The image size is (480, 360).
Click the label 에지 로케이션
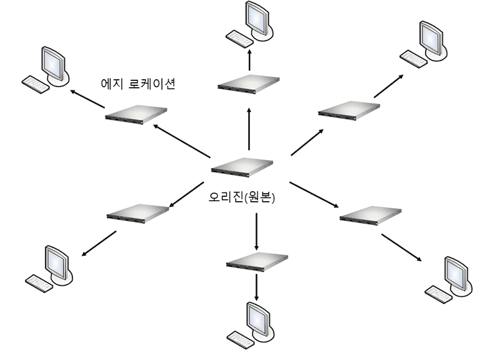137,83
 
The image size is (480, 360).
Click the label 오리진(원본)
242,199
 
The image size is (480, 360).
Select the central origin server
242,167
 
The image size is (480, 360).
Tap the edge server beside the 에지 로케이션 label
137,115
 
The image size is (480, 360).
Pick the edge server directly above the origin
248,83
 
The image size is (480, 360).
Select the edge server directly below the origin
257,260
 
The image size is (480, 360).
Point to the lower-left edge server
138,212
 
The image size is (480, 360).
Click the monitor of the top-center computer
257,17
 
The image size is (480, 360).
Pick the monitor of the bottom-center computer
258,316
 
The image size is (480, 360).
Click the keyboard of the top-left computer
35,84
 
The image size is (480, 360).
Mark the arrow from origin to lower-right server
314,195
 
